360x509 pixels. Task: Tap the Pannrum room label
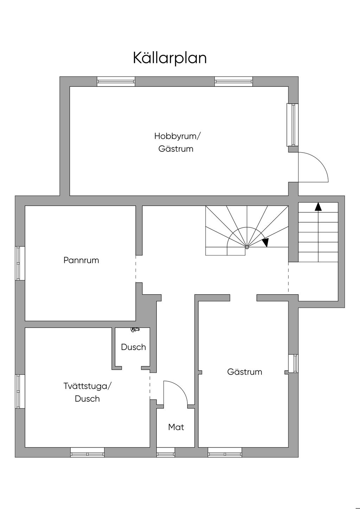(x=81, y=260)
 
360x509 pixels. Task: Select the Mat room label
(x=176, y=427)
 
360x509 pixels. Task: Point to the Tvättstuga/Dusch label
(x=87, y=392)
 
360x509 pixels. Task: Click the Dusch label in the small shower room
(x=133, y=347)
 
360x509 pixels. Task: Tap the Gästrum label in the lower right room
(x=245, y=372)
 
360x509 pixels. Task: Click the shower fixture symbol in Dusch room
(x=135, y=329)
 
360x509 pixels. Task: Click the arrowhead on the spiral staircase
(x=265, y=243)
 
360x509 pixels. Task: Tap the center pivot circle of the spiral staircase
(x=247, y=247)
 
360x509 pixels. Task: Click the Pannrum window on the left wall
(x=20, y=263)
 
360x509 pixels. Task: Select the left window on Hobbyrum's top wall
(x=116, y=82)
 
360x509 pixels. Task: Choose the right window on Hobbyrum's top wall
(x=234, y=82)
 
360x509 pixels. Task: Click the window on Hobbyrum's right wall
(x=293, y=125)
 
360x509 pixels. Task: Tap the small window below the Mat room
(x=166, y=452)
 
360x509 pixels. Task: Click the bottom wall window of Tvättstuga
(x=88, y=452)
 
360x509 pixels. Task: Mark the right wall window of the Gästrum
(x=294, y=363)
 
